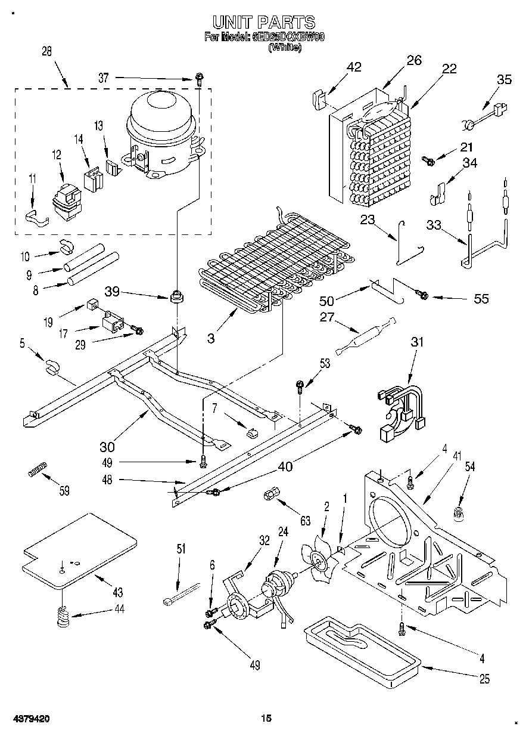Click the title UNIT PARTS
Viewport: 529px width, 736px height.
click(264, 22)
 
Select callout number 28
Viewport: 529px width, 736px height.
click(46, 51)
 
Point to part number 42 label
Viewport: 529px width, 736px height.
click(354, 67)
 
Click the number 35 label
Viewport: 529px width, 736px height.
click(504, 81)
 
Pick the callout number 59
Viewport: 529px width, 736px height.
click(64, 491)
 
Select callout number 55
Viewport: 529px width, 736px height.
click(481, 298)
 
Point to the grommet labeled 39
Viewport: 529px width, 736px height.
click(176, 296)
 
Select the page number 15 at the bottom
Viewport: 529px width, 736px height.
click(266, 719)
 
